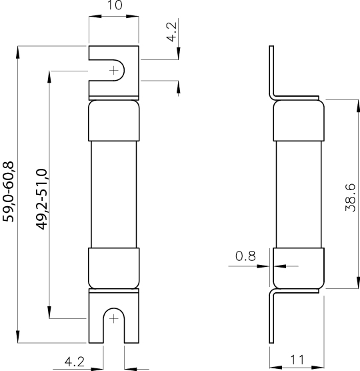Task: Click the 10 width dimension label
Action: (x=115, y=5)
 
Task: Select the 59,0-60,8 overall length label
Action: (x=8, y=192)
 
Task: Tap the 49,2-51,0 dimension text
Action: (x=41, y=200)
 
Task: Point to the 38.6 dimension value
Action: (x=350, y=198)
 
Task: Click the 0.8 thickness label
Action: (x=245, y=256)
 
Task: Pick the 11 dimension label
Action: (x=297, y=360)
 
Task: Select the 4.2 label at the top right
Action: (x=171, y=32)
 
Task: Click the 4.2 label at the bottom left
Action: (x=75, y=362)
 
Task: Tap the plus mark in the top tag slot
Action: (x=114, y=71)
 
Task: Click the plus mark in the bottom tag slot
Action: (x=114, y=319)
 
